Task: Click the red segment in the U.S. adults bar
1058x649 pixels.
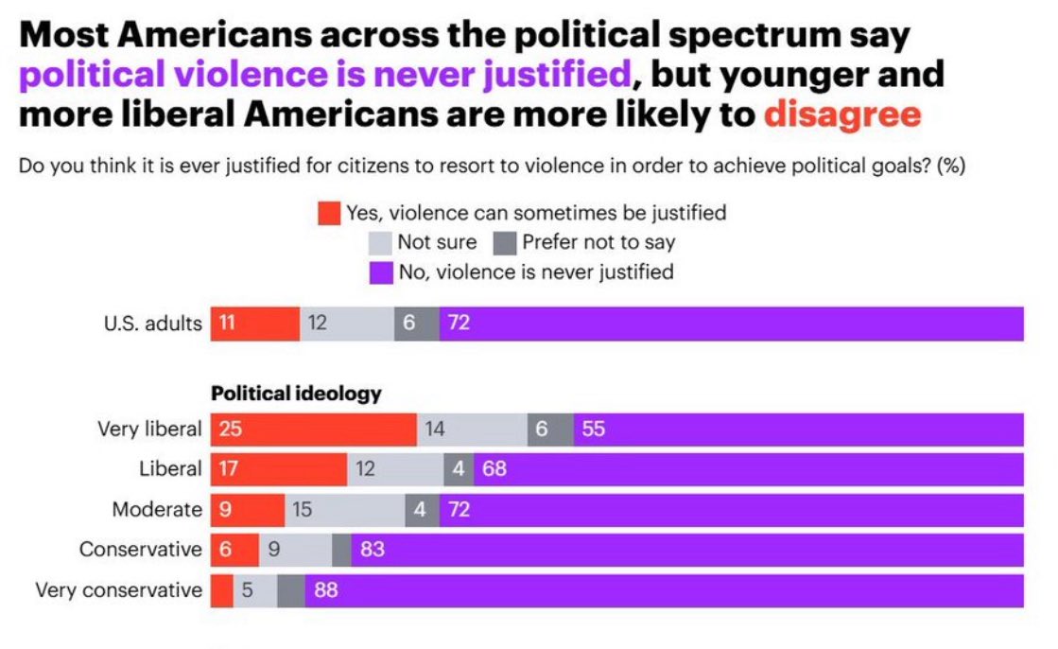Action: [254, 324]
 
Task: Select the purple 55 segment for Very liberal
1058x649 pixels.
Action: [798, 430]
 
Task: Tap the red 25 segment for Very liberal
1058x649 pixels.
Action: [313, 430]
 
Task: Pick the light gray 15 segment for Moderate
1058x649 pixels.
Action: [344, 510]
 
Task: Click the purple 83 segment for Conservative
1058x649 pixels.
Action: [686, 550]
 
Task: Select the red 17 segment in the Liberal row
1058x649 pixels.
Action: [278, 469]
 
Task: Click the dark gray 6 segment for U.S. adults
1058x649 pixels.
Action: [416, 324]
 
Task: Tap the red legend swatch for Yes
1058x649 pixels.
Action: [329, 214]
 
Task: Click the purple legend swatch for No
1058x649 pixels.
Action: [380, 272]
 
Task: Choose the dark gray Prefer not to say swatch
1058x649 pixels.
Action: [505, 243]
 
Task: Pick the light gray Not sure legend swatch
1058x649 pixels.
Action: [380, 243]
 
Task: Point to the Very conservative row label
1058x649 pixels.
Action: [118, 590]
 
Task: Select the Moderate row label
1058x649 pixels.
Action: [156, 510]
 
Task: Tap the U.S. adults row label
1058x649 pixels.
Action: [152, 324]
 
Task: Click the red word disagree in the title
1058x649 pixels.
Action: [841, 114]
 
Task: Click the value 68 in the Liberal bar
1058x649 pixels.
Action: [494, 469]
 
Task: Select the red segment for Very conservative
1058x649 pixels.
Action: [221, 590]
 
